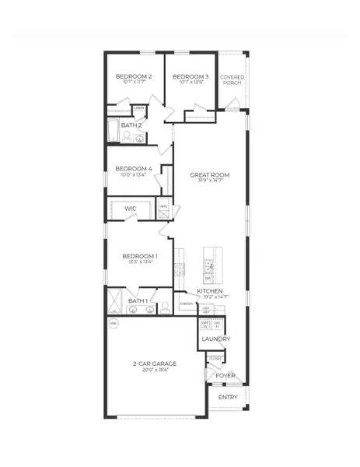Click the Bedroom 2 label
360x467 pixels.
point(133,76)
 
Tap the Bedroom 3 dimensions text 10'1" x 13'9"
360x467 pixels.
point(190,83)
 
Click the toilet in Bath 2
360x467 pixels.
point(127,137)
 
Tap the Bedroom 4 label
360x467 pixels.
point(133,169)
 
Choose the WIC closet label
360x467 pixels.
point(131,209)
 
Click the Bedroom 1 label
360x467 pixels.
point(140,256)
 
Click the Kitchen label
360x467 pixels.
point(210,290)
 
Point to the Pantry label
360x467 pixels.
point(187,304)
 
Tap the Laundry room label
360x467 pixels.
point(215,339)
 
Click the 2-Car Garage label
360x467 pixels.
point(154,363)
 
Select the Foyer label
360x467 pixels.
point(225,375)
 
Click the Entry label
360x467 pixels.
point(229,397)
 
